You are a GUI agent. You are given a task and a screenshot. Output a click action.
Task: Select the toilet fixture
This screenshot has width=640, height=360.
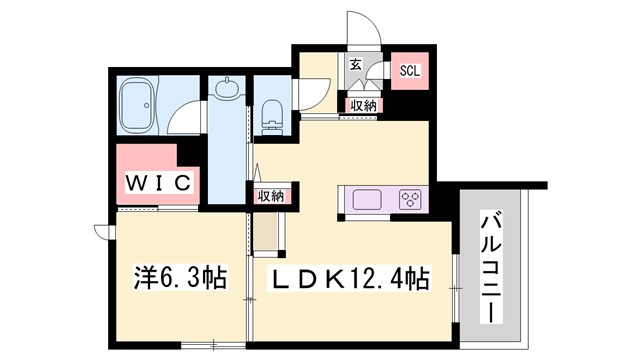(270, 117)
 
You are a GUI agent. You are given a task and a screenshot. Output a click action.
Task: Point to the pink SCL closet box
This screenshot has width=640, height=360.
(410, 71)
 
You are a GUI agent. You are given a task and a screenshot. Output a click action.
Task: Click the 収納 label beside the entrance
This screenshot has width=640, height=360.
(362, 105)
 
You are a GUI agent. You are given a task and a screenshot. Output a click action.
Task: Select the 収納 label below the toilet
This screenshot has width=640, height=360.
(269, 196)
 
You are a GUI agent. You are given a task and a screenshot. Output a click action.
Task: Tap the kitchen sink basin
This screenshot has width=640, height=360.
(366, 198)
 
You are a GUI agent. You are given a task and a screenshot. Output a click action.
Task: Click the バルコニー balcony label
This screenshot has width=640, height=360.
(491, 266)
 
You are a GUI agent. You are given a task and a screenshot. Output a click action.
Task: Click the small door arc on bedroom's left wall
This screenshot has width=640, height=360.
(102, 232)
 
